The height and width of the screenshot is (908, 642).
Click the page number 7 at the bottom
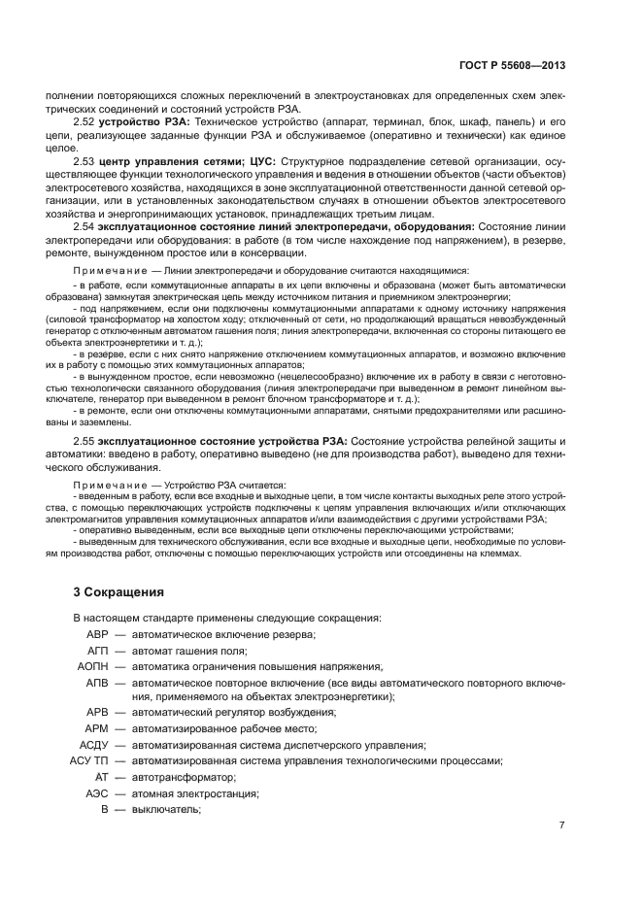tap(561, 825)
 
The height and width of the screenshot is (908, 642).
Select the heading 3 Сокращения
tap(119, 591)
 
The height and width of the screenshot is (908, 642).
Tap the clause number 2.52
tap(84, 122)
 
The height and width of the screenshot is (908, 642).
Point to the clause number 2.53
tap(84, 160)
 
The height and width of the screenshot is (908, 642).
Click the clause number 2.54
tap(84, 226)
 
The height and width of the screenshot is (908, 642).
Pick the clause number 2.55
tap(84, 442)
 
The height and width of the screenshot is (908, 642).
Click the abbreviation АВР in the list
tap(97, 634)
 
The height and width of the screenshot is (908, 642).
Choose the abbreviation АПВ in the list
tap(97, 684)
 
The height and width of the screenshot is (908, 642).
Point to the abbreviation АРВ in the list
tap(97, 712)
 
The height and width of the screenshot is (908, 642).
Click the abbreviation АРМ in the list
tap(97, 728)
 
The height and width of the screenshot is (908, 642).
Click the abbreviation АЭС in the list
tap(97, 793)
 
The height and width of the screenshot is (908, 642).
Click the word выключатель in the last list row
tap(165, 810)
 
